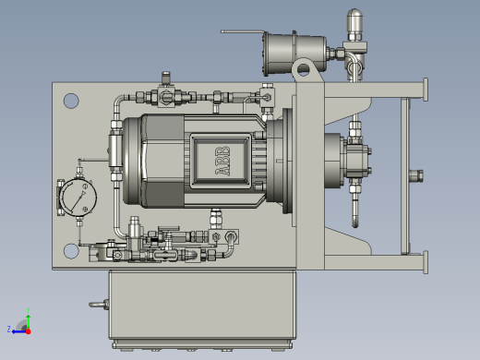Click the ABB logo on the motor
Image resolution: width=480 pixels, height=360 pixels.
(222, 161)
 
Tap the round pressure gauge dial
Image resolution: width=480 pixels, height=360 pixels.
(78, 198)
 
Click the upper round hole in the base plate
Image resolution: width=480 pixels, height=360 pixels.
(71, 101)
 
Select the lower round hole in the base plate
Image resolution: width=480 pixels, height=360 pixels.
(71, 251)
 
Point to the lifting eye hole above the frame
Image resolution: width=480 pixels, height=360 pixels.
(304, 69)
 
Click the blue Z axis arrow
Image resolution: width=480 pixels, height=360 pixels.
(19, 331)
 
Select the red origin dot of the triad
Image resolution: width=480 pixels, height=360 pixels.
(29, 331)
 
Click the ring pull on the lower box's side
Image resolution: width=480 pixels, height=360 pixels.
(99, 305)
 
